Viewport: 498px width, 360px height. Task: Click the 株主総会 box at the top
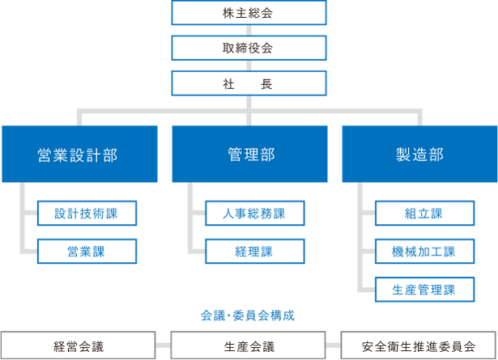(x=249, y=13)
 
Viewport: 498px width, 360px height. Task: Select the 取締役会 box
(x=249, y=48)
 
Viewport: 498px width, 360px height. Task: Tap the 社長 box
(x=249, y=83)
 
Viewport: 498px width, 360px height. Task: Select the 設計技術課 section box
(x=87, y=214)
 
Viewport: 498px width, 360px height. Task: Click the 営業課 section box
(x=87, y=251)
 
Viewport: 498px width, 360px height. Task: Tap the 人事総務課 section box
(x=255, y=214)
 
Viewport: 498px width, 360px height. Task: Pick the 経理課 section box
(x=255, y=251)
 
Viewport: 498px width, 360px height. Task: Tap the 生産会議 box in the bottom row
(x=249, y=346)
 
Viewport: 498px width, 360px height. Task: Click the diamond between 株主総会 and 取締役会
(x=249, y=31)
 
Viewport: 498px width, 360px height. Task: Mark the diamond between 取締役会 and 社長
(x=249, y=66)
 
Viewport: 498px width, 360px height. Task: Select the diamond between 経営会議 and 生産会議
(x=164, y=346)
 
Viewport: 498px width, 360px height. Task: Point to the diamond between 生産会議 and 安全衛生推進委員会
(x=334, y=346)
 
